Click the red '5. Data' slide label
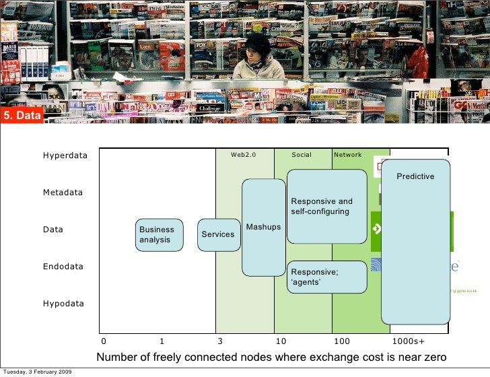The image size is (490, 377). coord(22,116)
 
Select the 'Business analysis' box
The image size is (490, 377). coord(160,234)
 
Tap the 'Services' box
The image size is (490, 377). coord(218,234)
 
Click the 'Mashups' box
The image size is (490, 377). coord(263,227)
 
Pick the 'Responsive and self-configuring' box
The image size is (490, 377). coord(326,206)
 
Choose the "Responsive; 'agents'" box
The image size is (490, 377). coord(326,277)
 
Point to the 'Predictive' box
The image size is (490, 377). coord(415,241)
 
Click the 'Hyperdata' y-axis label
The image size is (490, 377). coord(65,156)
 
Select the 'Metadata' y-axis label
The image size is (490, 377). coord(63,193)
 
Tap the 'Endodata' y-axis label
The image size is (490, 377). coord(63,267)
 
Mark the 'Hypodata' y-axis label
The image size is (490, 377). coord(63,304)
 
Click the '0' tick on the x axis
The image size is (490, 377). coord(104,341)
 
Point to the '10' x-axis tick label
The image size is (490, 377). coord(281,341)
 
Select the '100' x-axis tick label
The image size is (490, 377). coord(342,341)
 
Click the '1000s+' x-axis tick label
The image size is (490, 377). coord(408,341)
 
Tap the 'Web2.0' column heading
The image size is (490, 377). coord(244,155)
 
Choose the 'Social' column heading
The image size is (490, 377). coord(302,155)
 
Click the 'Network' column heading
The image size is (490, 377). coord(348,155)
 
